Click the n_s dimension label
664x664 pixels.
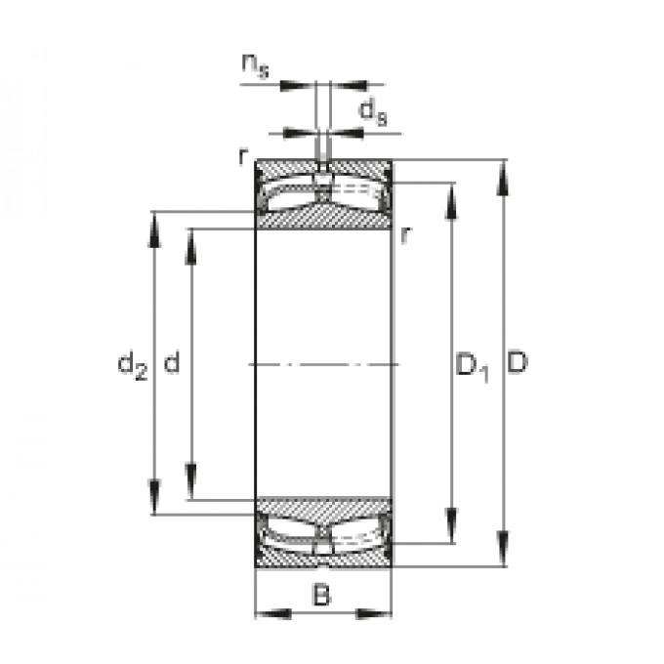256,66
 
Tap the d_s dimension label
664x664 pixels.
373,111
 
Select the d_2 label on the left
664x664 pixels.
133,365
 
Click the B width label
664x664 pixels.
321,595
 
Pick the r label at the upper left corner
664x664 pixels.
242,156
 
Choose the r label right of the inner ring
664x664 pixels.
405,235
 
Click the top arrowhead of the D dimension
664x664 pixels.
503,179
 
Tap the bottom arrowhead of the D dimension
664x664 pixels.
503,548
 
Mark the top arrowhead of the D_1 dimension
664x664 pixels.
451,202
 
